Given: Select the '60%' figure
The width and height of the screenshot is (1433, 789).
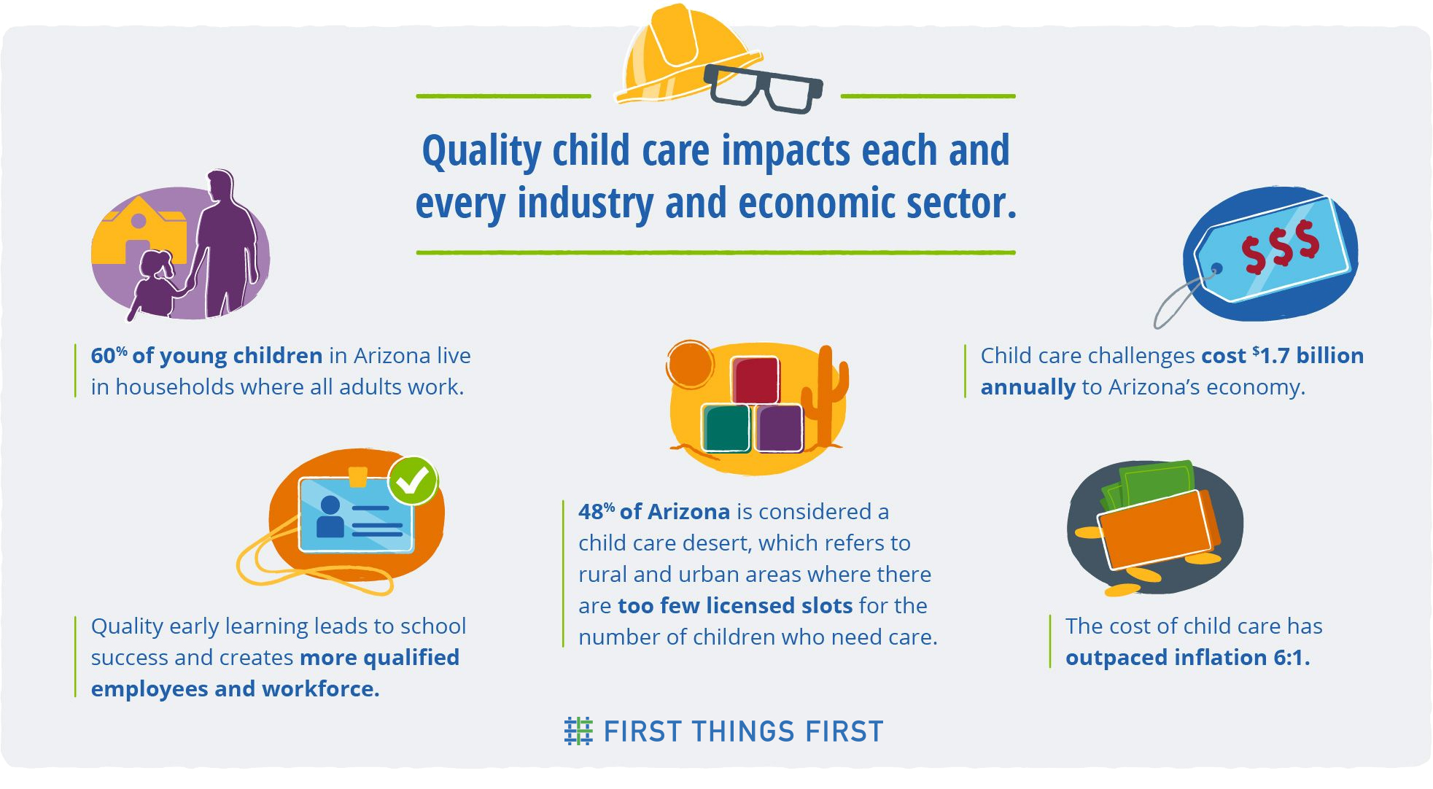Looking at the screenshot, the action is [109, 355].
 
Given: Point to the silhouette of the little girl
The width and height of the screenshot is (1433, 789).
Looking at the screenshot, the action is [155, 284].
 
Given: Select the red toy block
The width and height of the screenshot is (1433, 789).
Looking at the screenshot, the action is [756, 380].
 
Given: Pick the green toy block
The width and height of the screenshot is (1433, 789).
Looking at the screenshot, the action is [726, 428].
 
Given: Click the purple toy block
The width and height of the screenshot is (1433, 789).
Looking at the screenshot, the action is [779, 428].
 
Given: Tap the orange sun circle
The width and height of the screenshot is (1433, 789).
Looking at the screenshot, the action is [690, 364].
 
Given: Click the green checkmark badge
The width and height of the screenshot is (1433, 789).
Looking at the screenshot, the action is [413, 481].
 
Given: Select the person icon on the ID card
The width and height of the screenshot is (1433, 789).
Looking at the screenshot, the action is [330, 516].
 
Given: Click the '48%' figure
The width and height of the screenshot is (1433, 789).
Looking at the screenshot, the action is [597, 511].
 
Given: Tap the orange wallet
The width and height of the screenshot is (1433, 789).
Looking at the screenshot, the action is [1155, 529].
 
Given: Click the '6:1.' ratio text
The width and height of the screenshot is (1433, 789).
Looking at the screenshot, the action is [1292, 657].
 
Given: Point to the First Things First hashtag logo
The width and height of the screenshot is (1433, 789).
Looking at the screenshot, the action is [578, 731].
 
